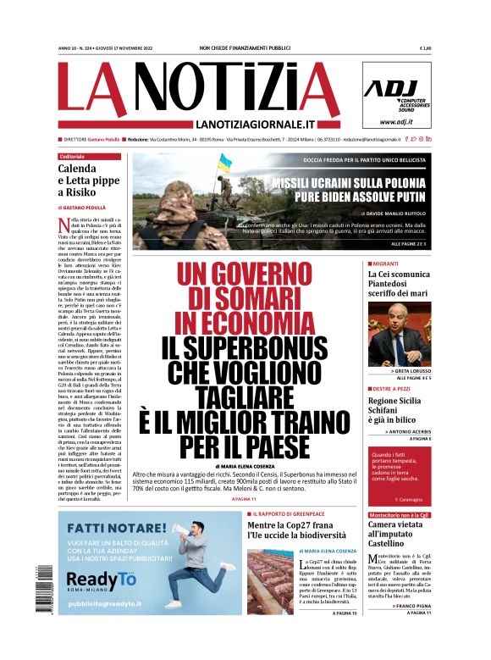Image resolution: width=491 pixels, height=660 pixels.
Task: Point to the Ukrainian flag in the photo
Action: point(224,162)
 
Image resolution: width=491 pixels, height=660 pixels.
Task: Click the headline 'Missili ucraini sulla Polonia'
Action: point(351,182)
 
